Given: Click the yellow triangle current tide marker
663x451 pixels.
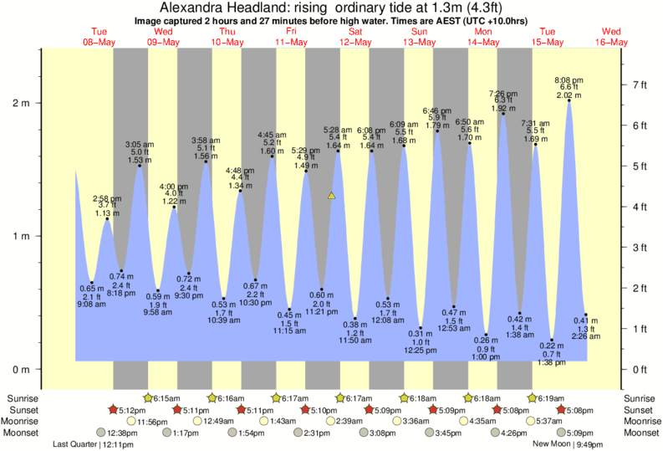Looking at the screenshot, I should tap(332, 196).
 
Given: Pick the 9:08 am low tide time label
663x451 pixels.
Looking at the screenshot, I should tap(92, 305).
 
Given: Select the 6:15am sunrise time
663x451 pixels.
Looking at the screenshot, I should tap(168, 398).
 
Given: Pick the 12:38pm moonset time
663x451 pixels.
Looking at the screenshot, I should tap(122, 433).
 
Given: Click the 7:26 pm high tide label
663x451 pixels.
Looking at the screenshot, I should tap(504, 93).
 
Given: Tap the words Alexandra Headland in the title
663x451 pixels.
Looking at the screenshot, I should tap(220, 7).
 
